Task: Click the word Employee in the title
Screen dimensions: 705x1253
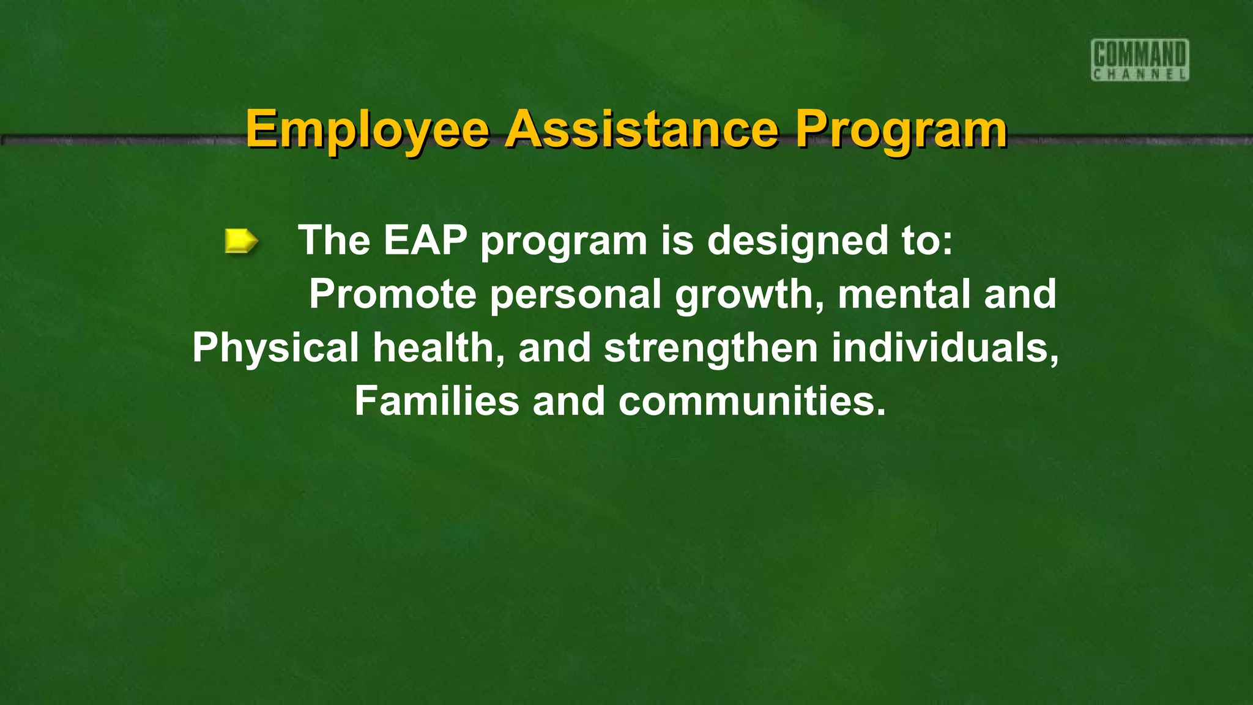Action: point(367,129)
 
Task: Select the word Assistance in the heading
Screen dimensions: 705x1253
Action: point(643,129)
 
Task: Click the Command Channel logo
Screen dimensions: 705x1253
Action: point(1140,59)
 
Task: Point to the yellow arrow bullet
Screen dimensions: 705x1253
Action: point(241,241)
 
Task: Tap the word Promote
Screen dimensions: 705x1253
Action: point(392,294)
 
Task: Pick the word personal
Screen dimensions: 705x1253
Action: point(576,294)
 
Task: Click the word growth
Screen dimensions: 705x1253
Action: point(749,294)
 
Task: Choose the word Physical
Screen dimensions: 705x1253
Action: point(275,348)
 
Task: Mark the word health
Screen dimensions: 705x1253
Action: point(439,348)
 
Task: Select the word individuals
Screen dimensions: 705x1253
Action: point(945,348)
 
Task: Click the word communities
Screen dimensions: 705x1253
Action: point(752,401)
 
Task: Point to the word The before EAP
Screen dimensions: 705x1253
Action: point(334,240)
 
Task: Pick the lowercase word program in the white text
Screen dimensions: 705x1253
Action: point(563,241)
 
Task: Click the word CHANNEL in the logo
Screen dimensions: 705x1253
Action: point(1140,75)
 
